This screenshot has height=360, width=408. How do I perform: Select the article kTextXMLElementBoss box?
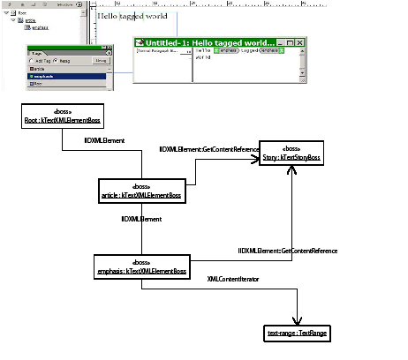pos(141,191)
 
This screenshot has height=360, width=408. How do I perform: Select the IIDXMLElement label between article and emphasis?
pos(141,218)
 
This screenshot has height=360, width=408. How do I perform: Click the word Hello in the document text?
pos(109,17)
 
